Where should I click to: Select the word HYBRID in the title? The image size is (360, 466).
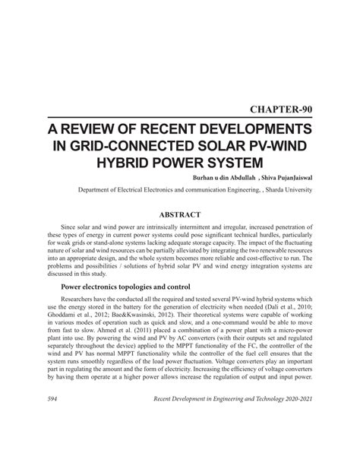129,163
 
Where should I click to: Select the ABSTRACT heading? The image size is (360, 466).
180,216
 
